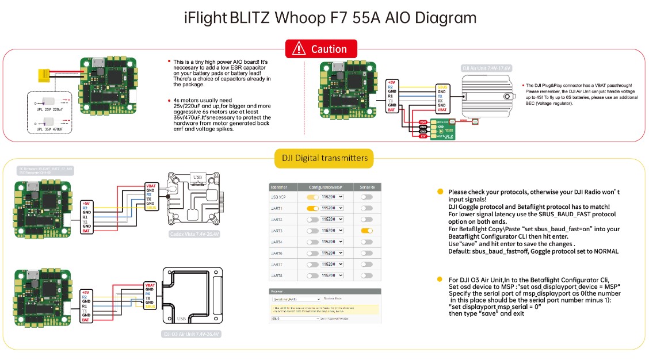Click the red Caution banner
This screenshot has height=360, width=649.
(321, 49)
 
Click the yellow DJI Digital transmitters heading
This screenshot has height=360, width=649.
(324, 158)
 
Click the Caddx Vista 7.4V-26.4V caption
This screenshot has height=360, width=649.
(194, 233)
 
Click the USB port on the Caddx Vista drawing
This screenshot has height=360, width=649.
(198, 178)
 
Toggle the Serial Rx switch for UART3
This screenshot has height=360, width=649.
(366, 231)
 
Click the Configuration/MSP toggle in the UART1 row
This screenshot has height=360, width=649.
(312, 208)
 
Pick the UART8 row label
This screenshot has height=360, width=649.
(277, 275)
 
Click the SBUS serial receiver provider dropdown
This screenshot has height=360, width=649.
(294, 318)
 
